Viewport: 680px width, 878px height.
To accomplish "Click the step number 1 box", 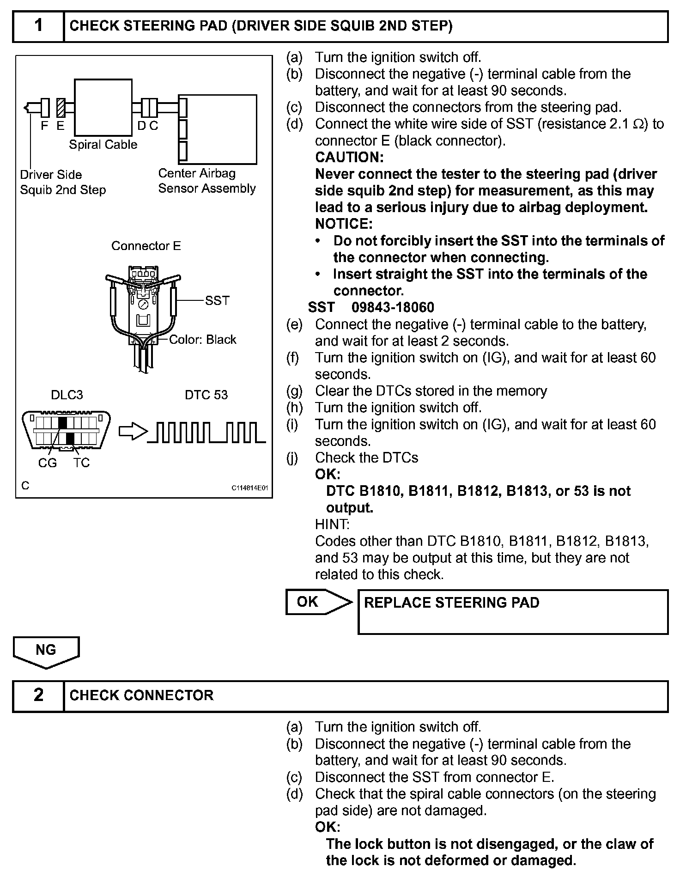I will point(38,26).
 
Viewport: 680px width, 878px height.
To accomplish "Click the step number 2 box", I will point(38,695).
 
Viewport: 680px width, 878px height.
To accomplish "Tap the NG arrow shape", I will point(46,651).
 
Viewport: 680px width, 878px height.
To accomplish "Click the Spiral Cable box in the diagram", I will point(103,107).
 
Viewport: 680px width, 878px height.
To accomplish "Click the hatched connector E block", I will point(61,107).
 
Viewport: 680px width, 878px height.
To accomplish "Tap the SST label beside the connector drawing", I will point(217,301).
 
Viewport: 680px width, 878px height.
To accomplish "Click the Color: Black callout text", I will point(202,340).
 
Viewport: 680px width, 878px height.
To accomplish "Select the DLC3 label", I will point(67,395).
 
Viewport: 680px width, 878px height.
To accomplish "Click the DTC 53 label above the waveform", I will point(206,395).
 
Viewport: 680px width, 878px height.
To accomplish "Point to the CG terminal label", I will point(48,463).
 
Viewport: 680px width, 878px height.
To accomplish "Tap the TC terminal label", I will point(81,463).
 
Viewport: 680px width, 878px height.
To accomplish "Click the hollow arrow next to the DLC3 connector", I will point(133,431).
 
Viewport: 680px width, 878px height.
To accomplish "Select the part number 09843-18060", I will point(393,307).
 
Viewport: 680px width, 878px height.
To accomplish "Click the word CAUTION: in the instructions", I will point(349,157).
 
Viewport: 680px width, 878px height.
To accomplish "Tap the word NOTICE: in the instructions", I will point(344,224).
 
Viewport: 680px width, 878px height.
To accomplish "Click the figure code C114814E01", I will point(250,488).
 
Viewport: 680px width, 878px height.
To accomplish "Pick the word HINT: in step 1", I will point(332,524).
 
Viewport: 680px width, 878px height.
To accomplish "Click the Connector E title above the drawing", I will point(146,246).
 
